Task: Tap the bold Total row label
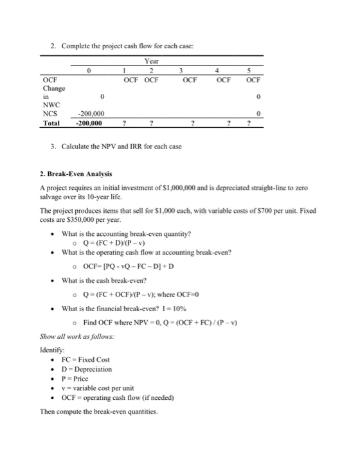tap(51, 122)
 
